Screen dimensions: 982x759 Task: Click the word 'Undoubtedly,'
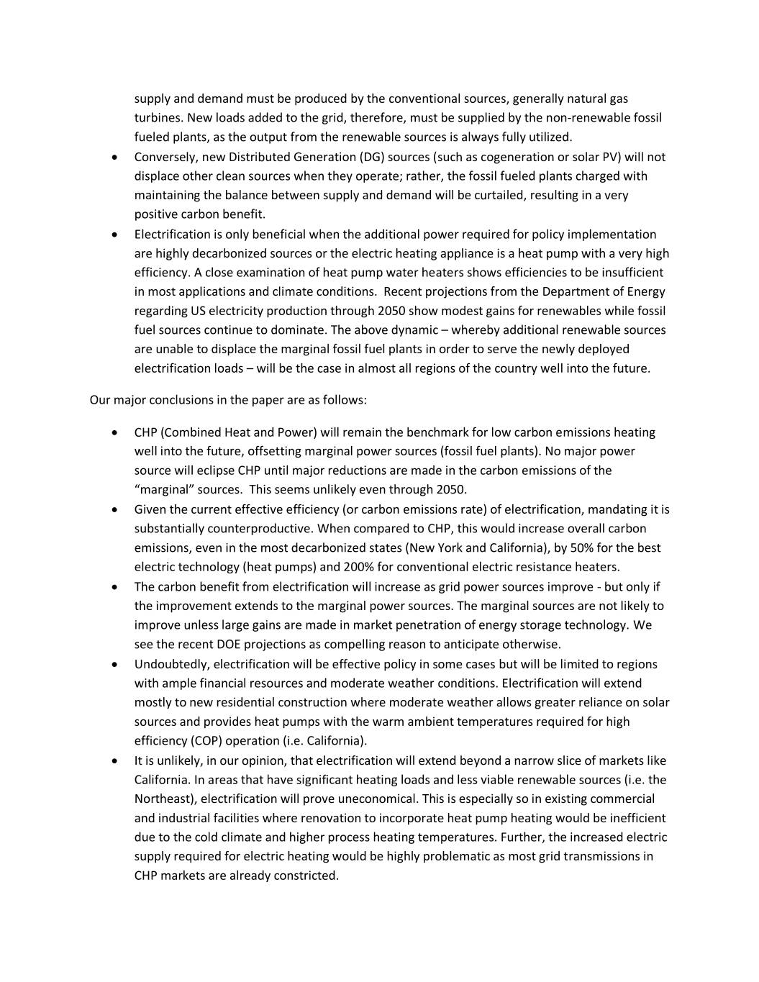point(172,664)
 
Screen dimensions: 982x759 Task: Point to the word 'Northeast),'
point(166,799)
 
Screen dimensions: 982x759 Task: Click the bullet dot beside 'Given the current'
point(115,510)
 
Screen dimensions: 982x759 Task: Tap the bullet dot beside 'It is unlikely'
point(115,761)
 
